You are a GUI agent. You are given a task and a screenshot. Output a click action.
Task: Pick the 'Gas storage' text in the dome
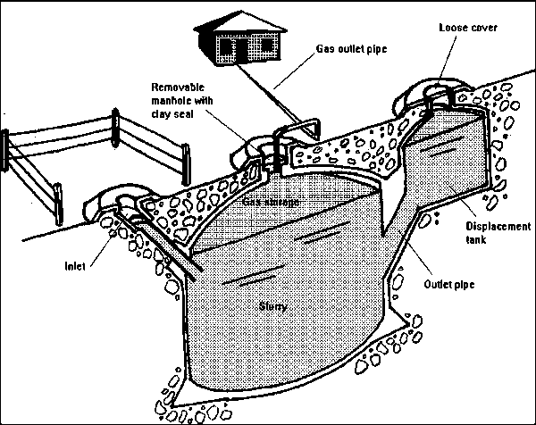pos(270,202)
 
